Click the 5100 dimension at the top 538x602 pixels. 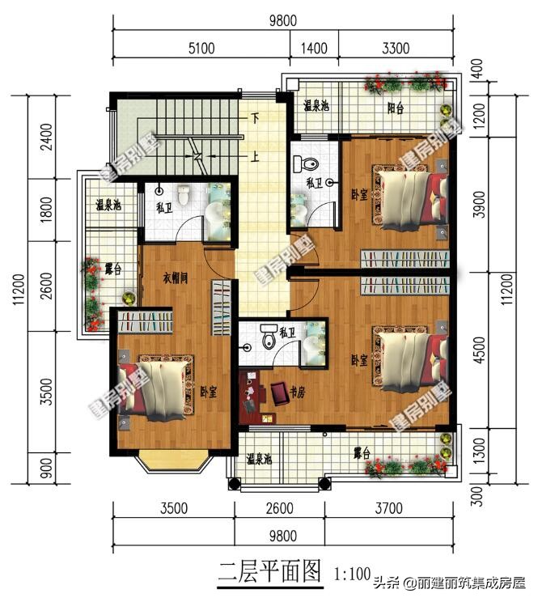[x=201, y=48]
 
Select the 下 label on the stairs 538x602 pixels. [x=255, y=118]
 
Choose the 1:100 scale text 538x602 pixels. [x=354, y=574]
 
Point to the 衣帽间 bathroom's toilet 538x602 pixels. [x=184, y=195]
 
